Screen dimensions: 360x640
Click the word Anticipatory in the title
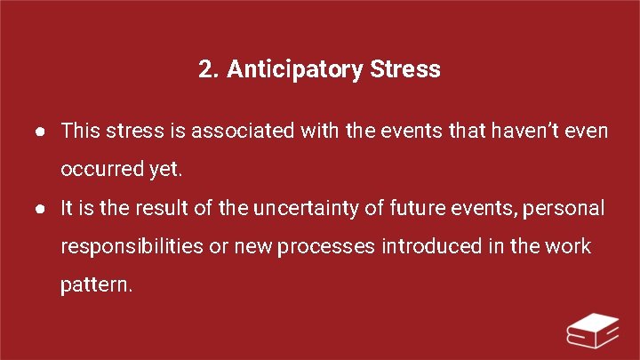tap(293, 70)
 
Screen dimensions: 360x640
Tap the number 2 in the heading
tap(206, 70)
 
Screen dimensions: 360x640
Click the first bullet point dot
tap(42, 132)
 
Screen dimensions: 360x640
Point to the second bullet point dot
tap(42, 209)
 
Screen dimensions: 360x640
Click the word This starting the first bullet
tap(81, 132)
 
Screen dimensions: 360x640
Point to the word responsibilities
tap(132, 246)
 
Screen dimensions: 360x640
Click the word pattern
tap(96, 285)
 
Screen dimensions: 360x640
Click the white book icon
tap(594, 331)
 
